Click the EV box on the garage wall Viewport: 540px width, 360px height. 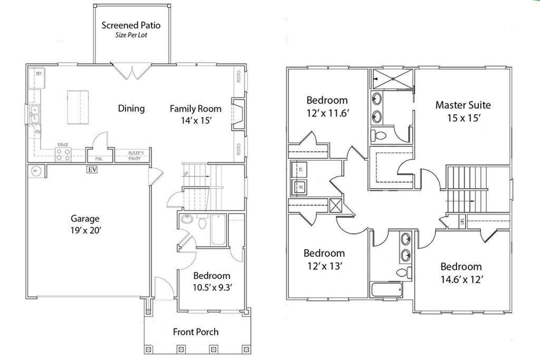point(92,170)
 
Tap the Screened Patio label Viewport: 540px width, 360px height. point(131,25)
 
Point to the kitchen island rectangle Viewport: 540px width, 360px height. point(78,107)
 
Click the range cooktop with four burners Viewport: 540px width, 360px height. point(63,154)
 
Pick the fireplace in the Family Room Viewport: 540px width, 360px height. point(238,113)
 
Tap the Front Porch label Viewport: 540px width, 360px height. point(196,332)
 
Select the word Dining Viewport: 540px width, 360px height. point(131,109)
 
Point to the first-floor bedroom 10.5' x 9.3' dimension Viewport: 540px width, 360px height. point(211,288)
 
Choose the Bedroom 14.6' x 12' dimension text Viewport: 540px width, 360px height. point(461,279)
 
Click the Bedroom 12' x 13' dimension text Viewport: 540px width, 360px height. point(324,266)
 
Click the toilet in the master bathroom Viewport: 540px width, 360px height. point(380,135)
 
